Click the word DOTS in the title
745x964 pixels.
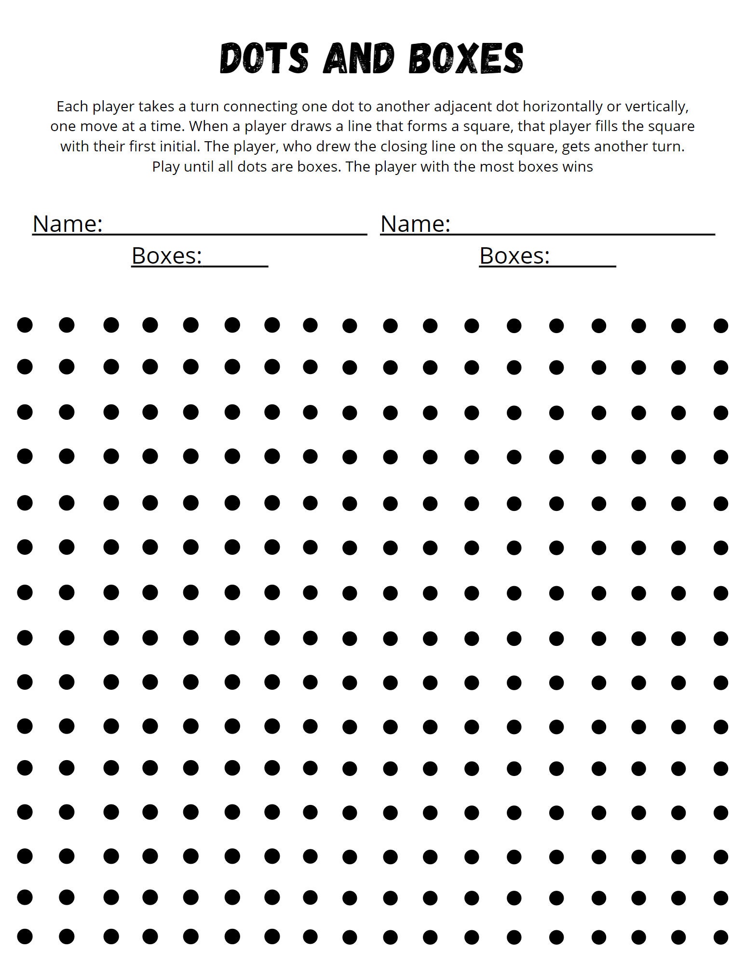point(264,59)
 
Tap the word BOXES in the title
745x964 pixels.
point(466,59)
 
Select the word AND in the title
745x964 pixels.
point(359,59)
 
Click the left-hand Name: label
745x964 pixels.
point(68,224)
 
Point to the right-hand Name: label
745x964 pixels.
point(415,224)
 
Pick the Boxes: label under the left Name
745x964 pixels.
point(166,255)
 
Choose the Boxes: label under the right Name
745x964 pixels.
point(514,255)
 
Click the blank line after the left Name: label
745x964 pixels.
point(235,233)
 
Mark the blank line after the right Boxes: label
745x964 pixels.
point(583,265)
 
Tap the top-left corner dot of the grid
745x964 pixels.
point(25,325)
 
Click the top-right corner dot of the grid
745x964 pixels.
point(720,326)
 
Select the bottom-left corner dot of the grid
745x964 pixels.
point(25,937)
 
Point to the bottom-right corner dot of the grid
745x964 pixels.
point(720,937)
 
